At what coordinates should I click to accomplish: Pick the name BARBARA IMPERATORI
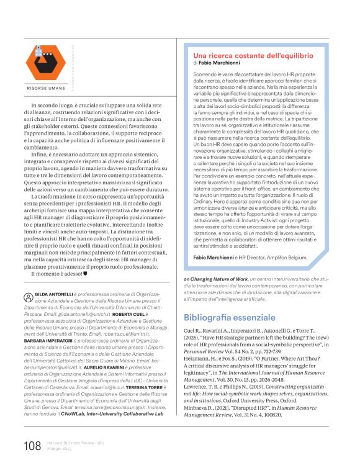click(50, 323)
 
